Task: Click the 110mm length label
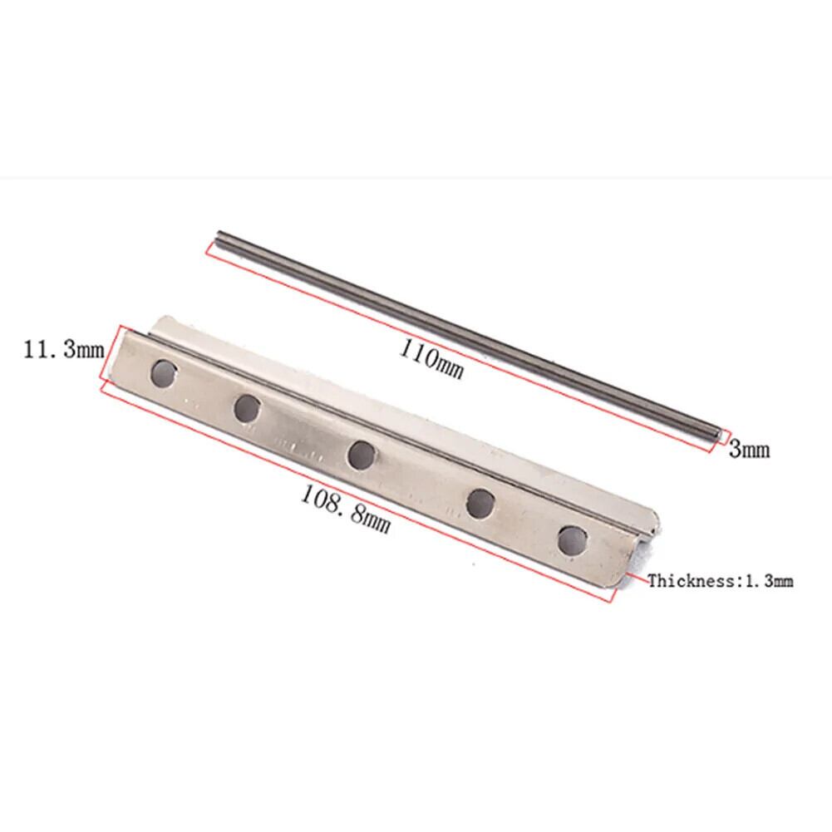431,359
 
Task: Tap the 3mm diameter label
749,449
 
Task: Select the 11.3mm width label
64,350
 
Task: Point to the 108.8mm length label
346,510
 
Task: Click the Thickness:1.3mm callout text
721,580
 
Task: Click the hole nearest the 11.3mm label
164,373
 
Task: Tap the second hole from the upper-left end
247,408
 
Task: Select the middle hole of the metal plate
362,455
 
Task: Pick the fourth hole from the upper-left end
480,503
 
